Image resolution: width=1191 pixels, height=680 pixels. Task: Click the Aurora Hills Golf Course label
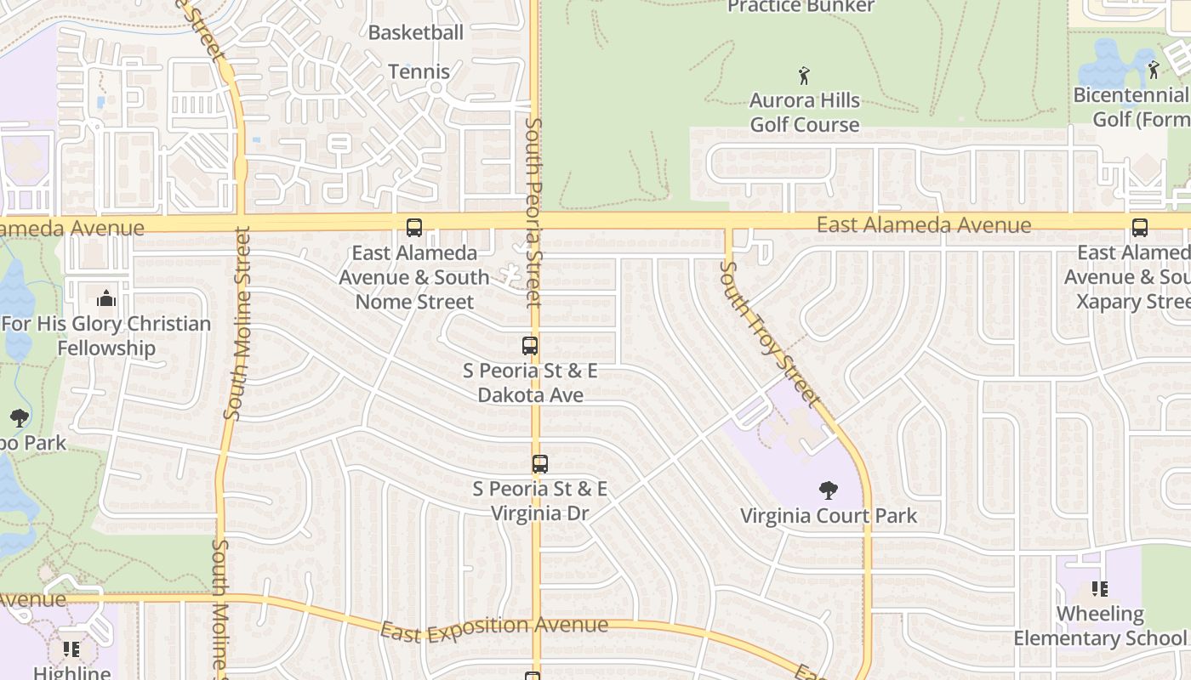coord(804,112)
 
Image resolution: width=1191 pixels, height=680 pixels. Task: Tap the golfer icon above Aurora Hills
coord(804,76)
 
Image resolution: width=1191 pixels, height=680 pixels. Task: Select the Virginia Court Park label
coord(829,516)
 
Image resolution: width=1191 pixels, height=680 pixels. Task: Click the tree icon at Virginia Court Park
coord(828,490)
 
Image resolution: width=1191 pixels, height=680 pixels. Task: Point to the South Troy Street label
coord(771,332)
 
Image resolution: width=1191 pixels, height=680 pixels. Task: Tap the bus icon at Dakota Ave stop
coord(530,346)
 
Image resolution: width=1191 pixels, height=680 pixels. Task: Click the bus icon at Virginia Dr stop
coord(539,464)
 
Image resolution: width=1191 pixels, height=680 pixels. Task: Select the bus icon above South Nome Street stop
coord(414,228)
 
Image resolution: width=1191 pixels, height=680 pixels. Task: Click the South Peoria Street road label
coord(533,212)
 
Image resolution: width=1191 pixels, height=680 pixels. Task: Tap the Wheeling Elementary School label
coord(1099,626)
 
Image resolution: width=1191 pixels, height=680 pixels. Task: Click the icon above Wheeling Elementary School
coord(1100,588)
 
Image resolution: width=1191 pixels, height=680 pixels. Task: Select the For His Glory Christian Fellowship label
coord(106,336)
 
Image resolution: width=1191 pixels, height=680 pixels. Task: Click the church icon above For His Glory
coord(106,298)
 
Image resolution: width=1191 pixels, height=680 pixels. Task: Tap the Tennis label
coord(419,71)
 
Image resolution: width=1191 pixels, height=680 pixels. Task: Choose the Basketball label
coord(416,33)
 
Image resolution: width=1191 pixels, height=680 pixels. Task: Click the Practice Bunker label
coord(801,7)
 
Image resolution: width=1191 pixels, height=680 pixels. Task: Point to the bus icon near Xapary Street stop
coord(1139,228)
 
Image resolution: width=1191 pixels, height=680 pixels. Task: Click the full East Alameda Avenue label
coord(924,225)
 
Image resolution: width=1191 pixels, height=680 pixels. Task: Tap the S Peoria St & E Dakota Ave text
coord(530,382)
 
